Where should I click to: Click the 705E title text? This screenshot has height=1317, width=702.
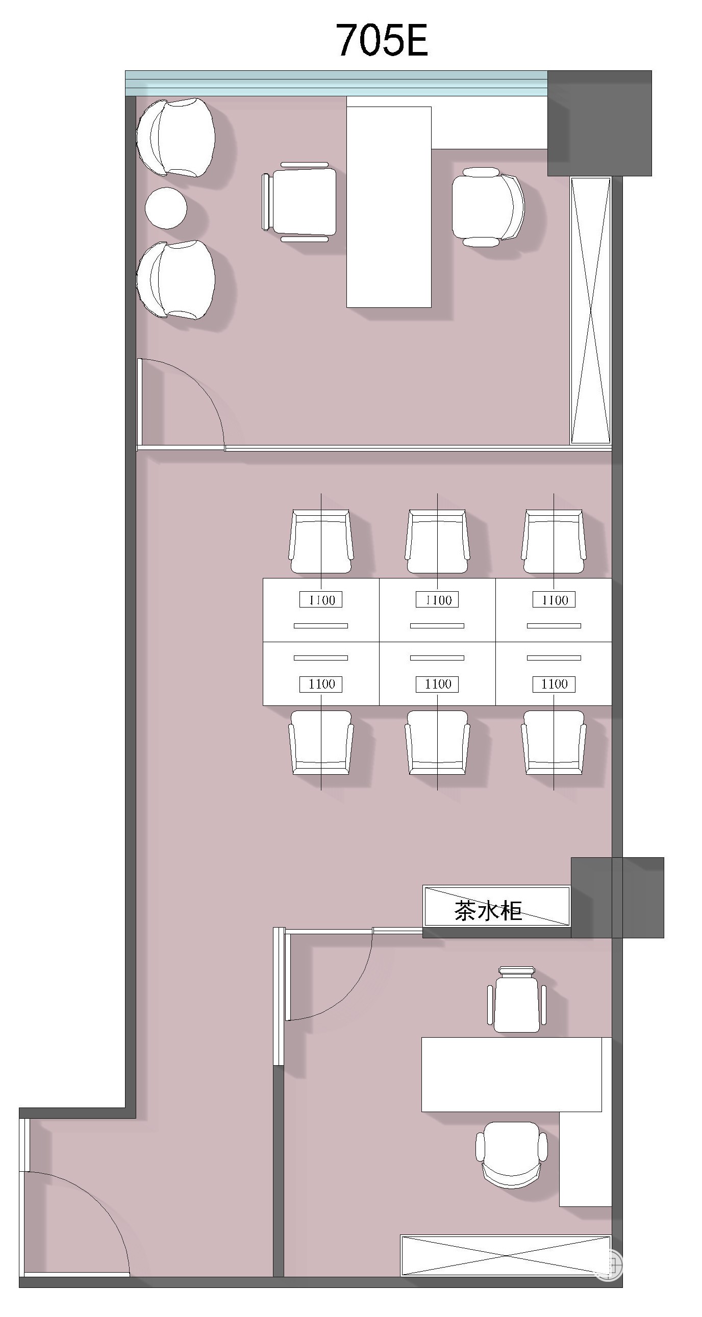382,39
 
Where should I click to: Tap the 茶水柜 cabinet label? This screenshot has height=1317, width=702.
488,911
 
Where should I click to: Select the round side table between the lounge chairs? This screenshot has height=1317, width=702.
166,207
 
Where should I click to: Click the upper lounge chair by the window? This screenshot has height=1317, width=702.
175,137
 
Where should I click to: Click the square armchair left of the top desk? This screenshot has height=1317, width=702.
300,202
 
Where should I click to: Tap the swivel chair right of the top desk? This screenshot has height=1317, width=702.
488,207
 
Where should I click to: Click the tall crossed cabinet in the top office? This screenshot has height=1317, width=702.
590,310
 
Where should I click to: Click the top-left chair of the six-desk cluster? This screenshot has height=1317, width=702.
321,541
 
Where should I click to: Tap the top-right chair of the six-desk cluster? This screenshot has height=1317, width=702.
554,541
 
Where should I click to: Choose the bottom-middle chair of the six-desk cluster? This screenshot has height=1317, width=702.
437,743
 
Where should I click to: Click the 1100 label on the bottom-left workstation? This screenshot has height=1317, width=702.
321,684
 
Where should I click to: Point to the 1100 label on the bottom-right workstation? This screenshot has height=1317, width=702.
554,684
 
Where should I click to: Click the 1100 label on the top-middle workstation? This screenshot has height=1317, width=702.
437,600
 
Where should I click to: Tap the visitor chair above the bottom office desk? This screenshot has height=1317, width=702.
517,999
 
